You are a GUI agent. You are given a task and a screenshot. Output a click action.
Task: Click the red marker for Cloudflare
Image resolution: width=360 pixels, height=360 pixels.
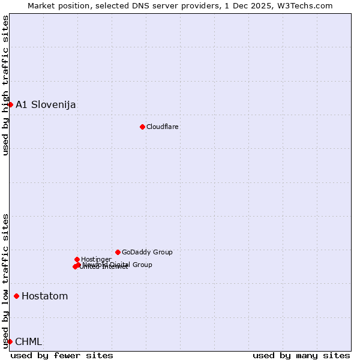(x=142, y=127)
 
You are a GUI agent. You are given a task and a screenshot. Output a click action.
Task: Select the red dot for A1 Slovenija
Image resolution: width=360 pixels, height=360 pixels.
(x=10, y=104)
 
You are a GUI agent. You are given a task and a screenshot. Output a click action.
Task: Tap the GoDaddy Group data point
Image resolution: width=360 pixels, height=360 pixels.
(x=118, y=252)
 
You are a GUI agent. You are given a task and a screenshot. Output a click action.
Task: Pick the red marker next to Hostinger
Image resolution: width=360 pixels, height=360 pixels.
(x=77, y=259)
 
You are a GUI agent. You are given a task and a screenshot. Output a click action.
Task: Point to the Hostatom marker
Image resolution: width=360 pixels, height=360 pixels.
(x=16, y=296)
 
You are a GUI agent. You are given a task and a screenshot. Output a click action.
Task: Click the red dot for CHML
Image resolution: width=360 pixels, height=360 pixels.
(x=10, y=341)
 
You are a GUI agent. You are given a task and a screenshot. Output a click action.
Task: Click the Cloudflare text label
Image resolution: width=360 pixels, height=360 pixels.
(x=163, y=127)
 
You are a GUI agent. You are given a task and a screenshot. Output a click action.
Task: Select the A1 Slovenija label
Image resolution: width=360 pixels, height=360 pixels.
(x=46, y=104)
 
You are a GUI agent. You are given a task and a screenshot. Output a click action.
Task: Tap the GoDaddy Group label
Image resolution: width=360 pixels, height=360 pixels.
(x=147, y=252)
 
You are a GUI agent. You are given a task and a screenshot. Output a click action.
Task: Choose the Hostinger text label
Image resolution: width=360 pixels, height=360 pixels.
(x=96, y=259)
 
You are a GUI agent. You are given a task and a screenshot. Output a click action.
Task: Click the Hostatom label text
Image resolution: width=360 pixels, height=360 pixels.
(x=45, y=296)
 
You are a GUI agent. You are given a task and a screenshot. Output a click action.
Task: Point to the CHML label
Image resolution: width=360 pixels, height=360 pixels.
(x=29, y=341)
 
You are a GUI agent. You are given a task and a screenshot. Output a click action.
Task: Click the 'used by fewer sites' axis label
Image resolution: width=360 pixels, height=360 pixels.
(x=62, y=355)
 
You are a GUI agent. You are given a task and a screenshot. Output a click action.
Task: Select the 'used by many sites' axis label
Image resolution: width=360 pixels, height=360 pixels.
(x=301, y=355)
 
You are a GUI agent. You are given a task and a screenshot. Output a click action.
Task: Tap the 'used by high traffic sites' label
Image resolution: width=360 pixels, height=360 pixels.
(x=5, y=85)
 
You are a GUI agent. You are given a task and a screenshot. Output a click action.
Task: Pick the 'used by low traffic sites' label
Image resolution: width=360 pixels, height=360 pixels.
(x=5, y=280)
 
